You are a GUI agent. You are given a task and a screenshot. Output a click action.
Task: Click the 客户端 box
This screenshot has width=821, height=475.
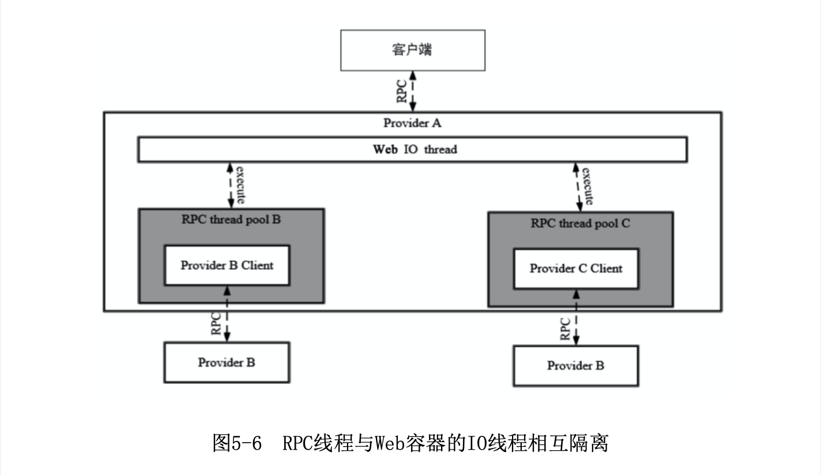point(412,50)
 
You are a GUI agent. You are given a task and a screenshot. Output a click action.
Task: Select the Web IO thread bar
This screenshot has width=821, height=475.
point(412,150)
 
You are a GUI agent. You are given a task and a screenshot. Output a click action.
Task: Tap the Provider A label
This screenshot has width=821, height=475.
point(412,123)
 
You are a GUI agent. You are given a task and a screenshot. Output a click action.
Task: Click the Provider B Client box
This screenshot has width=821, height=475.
point(227,265)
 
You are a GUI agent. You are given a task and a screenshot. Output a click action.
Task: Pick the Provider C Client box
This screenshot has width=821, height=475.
point(576,269)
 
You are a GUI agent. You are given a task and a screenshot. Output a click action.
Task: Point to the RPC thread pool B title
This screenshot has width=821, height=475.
point(231,220)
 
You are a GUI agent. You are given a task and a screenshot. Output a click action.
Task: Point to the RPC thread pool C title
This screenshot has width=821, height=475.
point(580,224)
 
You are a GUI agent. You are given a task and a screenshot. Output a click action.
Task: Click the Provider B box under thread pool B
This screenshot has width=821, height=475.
point(227,363)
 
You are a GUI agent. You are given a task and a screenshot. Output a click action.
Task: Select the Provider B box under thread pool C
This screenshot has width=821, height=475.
point(576,366)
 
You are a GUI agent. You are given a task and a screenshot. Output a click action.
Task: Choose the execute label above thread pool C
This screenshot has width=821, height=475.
point(587,186)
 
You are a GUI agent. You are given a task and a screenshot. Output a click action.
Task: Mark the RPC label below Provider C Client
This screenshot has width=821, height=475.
point(566,328)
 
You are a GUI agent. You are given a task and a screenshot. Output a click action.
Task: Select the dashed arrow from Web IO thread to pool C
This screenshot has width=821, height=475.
point(577,186)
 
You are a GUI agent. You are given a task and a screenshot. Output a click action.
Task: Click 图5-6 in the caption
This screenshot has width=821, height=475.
point(237,444)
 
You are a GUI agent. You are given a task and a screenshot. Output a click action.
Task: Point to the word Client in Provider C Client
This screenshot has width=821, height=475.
point(607,269)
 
